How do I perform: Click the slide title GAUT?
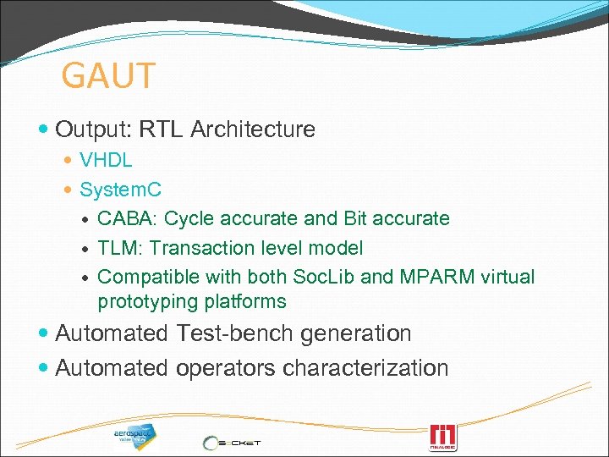pyautogui.click(x=108, y=76)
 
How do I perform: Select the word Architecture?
pyautogui.click(x=253, y=129)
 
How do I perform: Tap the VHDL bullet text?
pyautogui.click(x=106, y=160)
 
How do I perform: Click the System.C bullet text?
pyautogui.click(x=120, y=189)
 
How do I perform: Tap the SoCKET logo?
pyautogui.click(x=232, y=441)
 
